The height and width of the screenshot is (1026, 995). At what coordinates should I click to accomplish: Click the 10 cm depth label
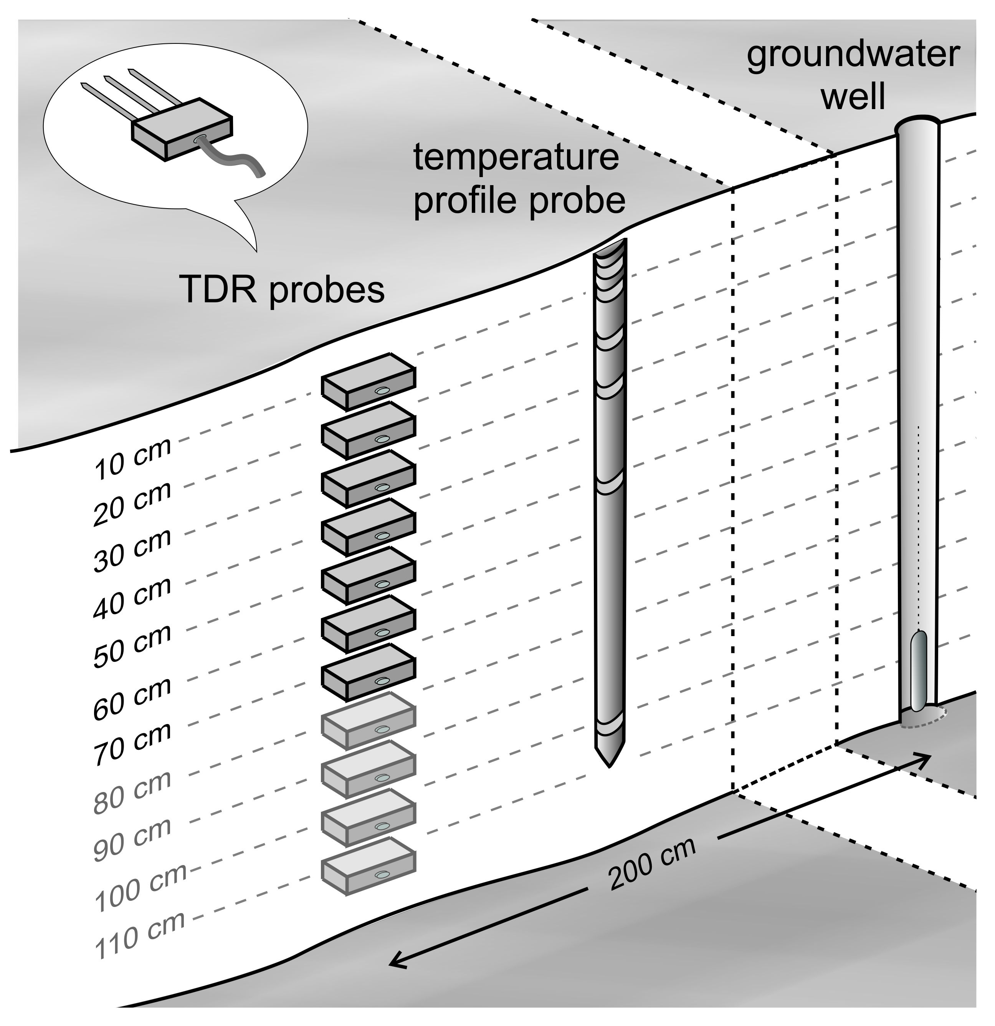coord(133,459)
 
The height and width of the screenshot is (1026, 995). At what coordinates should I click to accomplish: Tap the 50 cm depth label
coord(133,646)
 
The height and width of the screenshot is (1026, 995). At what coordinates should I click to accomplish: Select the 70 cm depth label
coord(133,744)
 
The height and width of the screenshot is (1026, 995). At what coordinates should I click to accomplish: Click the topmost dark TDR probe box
coord(368,381)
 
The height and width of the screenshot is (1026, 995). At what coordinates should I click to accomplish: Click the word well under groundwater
coord(853,97)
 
